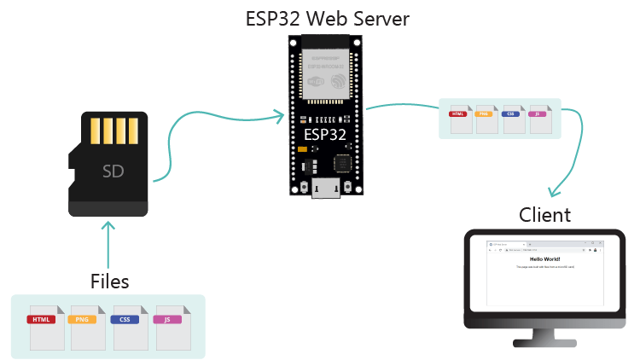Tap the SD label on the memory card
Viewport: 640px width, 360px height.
(113, 171)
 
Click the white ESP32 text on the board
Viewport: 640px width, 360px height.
(325, 135)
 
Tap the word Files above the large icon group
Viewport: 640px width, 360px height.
(110, 281)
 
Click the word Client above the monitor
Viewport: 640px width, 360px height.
(544, 214)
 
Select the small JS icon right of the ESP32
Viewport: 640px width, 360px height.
(538, 119)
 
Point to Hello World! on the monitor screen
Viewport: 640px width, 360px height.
(544, 258)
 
